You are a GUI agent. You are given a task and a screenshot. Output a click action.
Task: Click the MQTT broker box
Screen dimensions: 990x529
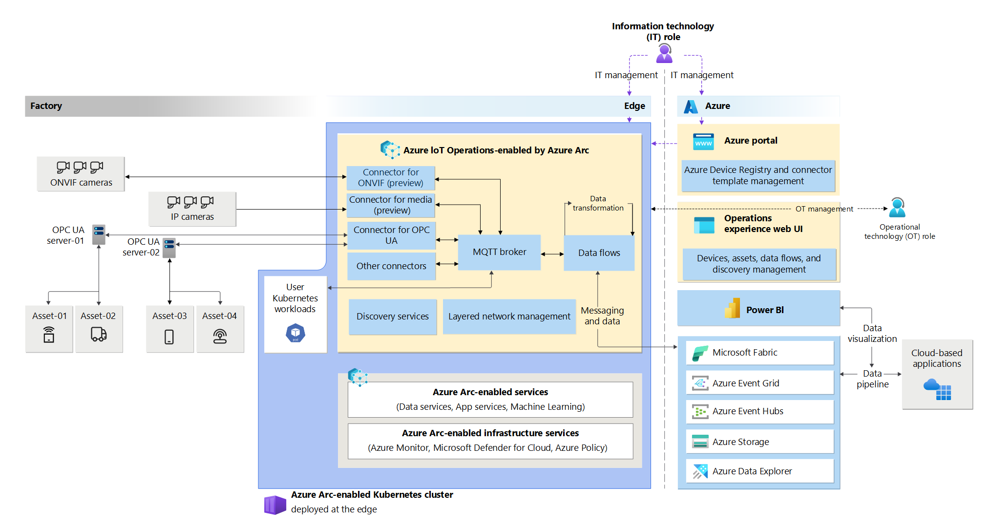(499, 252)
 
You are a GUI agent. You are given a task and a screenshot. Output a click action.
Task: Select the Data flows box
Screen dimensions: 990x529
(599, 253)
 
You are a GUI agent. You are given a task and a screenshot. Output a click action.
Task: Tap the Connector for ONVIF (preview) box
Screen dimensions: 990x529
(391, 178)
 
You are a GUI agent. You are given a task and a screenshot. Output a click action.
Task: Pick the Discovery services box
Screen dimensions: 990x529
(393, 317)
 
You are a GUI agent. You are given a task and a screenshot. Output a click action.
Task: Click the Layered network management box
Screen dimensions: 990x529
(509, 317)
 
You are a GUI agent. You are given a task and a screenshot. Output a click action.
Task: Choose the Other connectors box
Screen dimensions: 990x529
(391, 266)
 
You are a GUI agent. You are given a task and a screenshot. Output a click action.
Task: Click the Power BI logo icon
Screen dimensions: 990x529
(732, 308)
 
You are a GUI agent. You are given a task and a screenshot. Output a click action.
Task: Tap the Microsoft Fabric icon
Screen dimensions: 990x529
(700, 353)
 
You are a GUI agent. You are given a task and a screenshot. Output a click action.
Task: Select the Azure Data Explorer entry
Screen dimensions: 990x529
(760, 471)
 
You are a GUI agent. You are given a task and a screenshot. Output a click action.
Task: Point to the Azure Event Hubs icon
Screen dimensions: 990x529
(700, 412)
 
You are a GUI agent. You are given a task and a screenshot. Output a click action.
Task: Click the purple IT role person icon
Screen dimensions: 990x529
(664, 53)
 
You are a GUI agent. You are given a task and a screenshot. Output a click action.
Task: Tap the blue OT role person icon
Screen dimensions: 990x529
(897, 208)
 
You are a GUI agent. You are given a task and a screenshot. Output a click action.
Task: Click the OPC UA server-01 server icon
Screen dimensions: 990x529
(99, 234)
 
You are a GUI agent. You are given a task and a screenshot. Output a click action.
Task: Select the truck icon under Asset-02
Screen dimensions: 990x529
(99, 334)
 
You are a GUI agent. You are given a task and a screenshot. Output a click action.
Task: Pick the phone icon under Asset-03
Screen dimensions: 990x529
(169, 337)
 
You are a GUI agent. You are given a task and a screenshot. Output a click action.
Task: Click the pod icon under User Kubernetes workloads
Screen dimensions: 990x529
(295, 333)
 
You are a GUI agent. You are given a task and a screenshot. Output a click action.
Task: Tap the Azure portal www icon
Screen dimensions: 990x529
(703, 142)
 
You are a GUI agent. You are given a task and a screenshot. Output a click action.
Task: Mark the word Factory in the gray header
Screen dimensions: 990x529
(46, 106)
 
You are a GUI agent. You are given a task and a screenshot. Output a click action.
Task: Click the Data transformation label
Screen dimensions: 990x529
(598, 203)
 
